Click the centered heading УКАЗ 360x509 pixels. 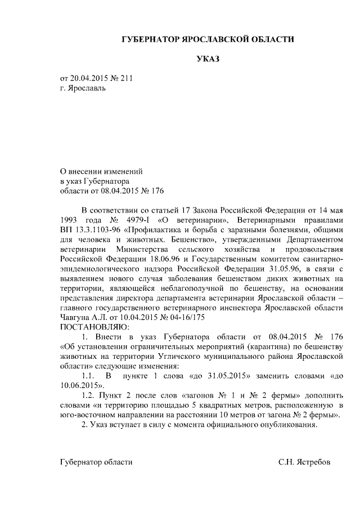pos(208,58)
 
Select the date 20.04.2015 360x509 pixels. pos(90,78)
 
